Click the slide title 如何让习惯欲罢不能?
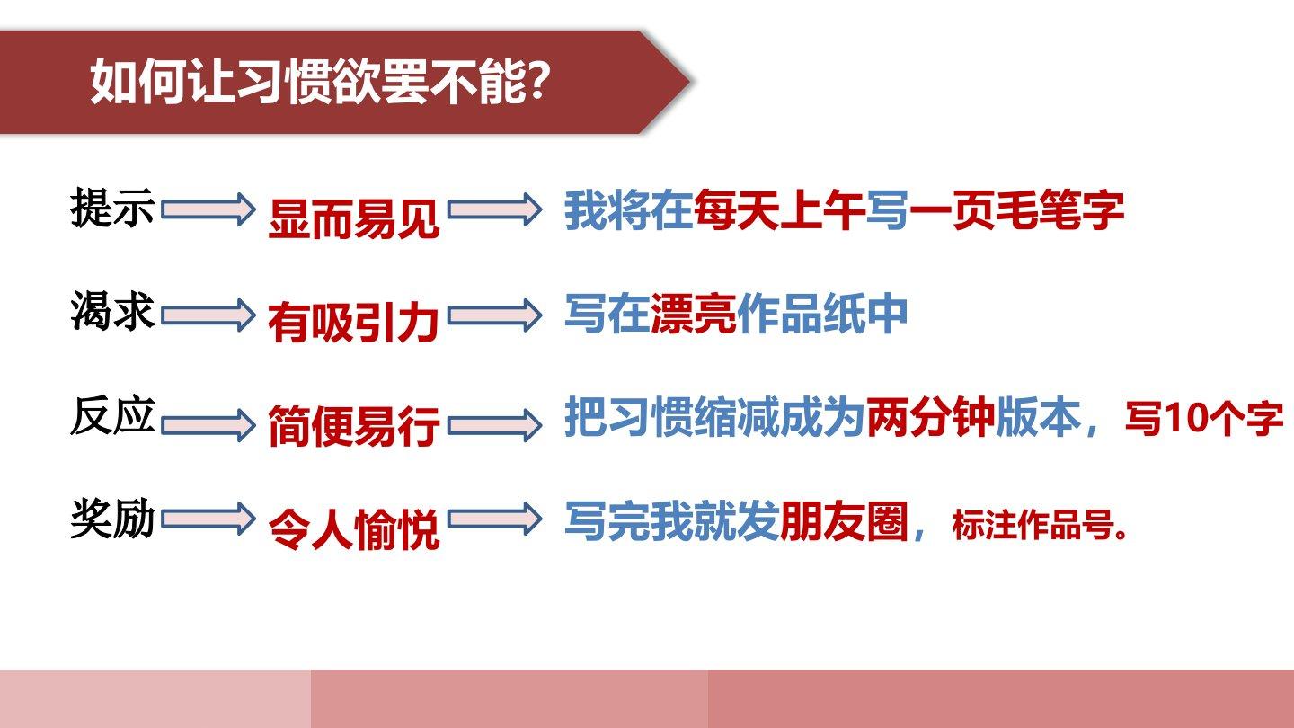[321, 81]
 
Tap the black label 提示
[112, 208]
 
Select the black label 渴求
[112, 311]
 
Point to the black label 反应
[112, 415]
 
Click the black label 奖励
[112, 519]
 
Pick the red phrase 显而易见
[353, 218]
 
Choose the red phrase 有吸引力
[353, 323]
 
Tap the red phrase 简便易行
[353, 426]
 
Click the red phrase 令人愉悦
[353, 528]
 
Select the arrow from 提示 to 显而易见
[208, 209]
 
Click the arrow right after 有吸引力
[495, 315]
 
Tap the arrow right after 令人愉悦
[495, 519]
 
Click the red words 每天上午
[779, 209]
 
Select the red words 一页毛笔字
[1016, 209]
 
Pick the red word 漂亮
[693, 314]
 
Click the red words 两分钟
[931, 417]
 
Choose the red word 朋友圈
[844, 520]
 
